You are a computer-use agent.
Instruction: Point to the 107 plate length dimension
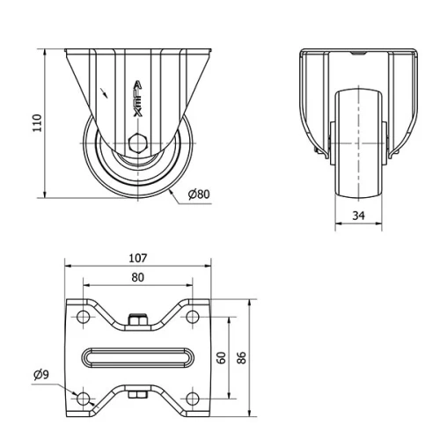tap(137, 259)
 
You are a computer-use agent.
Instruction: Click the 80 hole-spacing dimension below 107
tap(137, 278)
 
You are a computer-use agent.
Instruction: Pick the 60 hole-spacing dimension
tap(222, 357)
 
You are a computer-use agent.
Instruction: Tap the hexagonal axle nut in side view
tap(137, 144)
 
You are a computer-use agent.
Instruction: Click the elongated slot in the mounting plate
tap(137, 358)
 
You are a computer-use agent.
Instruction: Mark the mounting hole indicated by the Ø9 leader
tap(84, 399)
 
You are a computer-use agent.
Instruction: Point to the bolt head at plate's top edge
tap(136, 320)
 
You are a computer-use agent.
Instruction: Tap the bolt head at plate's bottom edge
tap(136, 396)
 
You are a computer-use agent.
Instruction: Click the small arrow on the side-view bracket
tap(106, 89)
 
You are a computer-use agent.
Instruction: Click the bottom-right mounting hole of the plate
tap(191, 399)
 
